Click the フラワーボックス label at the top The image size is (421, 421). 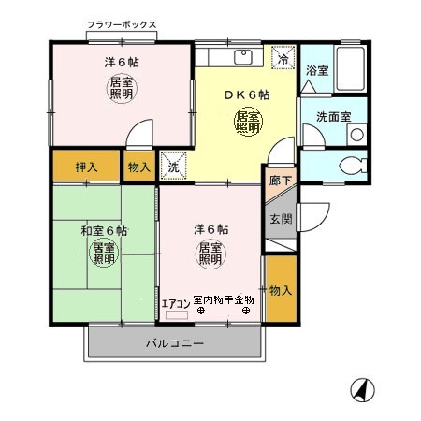pyautogui.click(x=122, y=24)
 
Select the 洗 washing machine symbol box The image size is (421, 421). pyautogui.click(x=171, y=166)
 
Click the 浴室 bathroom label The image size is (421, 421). pyautogui.click(x=317, y=70)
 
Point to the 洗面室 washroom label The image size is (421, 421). pyautogui.click(x=333, y=117)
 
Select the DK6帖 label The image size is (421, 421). pyautogui.click(x=247, y=94)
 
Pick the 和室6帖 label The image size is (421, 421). pyautogui.click(x=103, y=230)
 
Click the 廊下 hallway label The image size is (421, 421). pyautogui.click(x=280, y=180)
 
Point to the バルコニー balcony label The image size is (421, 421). pyautogui.click(x=175, y=343)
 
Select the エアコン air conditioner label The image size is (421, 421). pyautogui.click(x=175, y=303)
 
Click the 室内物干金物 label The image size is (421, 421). pyautogui.click(x=223, y=298)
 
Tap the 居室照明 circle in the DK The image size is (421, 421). pyautogui.click(x=247, y=122)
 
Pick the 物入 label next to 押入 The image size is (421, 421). pyautogui.click(x=138, y=166)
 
